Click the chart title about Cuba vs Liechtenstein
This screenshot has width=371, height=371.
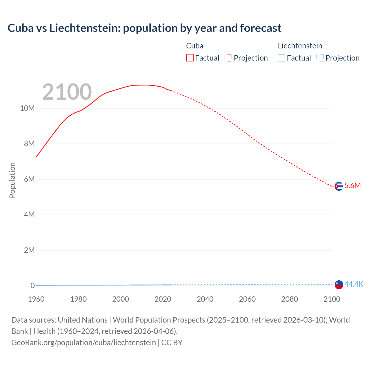[144, 28]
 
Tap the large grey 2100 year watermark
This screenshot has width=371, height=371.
[67, 92]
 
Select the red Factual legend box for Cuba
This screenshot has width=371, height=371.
[190, 58]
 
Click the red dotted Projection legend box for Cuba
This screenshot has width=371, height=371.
[228, 58]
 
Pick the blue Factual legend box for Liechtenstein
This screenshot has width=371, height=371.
[281, 58]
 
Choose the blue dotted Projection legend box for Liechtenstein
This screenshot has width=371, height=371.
[320, 58]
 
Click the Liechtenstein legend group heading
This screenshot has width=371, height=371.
[300, 46]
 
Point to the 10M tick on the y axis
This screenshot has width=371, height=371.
[27, 108]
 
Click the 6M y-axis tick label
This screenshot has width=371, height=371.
[29, 179]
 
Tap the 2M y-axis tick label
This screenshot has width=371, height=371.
[29, 250]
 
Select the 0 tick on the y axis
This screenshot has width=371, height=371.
[32, 285]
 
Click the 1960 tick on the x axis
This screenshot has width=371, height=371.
[36, 299]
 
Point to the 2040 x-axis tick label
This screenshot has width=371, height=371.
[205, 299]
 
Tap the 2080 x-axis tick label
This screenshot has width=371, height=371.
[290, 299]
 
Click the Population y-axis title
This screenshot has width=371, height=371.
[12, 180]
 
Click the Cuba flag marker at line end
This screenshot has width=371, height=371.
[339, 186]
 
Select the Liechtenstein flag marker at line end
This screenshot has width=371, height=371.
[339, 285]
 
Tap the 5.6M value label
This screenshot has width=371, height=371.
[352, 185]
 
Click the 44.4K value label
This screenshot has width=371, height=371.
[354, 284]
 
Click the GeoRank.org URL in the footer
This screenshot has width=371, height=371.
[83, 343]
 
